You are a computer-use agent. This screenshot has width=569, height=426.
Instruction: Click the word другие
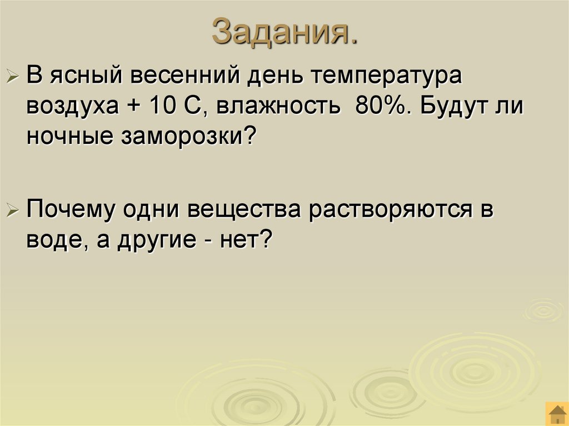158,241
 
